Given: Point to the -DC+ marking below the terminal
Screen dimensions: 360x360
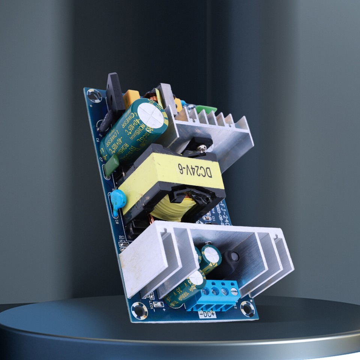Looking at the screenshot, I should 207,314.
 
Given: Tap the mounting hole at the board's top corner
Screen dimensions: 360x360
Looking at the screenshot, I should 94,96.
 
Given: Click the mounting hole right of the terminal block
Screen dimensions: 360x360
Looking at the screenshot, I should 247,308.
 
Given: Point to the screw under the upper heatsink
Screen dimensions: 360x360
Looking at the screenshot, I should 202,148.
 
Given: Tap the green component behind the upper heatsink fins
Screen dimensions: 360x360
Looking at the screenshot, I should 206,109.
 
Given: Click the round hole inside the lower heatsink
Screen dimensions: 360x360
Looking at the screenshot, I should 235,256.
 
